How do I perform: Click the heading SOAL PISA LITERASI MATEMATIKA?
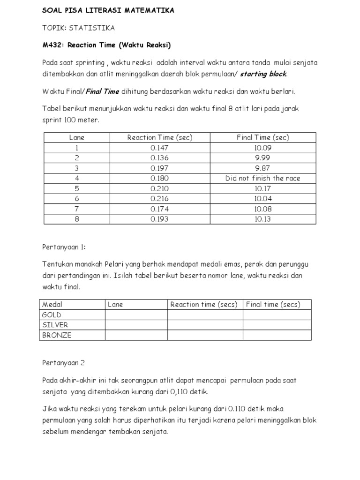[x=108, y=10]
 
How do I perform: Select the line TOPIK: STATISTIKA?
[x=78, y=28]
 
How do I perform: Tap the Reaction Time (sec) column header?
[x=160, y=137]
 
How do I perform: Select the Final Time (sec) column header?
[x=262, y=137]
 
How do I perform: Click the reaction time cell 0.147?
[x=160, y=148]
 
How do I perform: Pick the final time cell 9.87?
[x=262, y=168]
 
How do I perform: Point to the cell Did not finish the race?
[x=262, y=178]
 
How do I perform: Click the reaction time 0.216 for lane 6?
[x=160, y=199]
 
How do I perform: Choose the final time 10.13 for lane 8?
[x=262, y=219]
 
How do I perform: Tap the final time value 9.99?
[x=262, y=158]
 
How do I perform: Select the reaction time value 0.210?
[x=160, y=188]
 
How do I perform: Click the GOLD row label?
[x=52, y=315]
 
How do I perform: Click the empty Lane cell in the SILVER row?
[x=136, y=325]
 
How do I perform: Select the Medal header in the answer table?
[x=52, y=305]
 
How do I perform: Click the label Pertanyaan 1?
[x=64, y=247]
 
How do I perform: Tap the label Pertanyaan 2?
[x=63, y=362]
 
